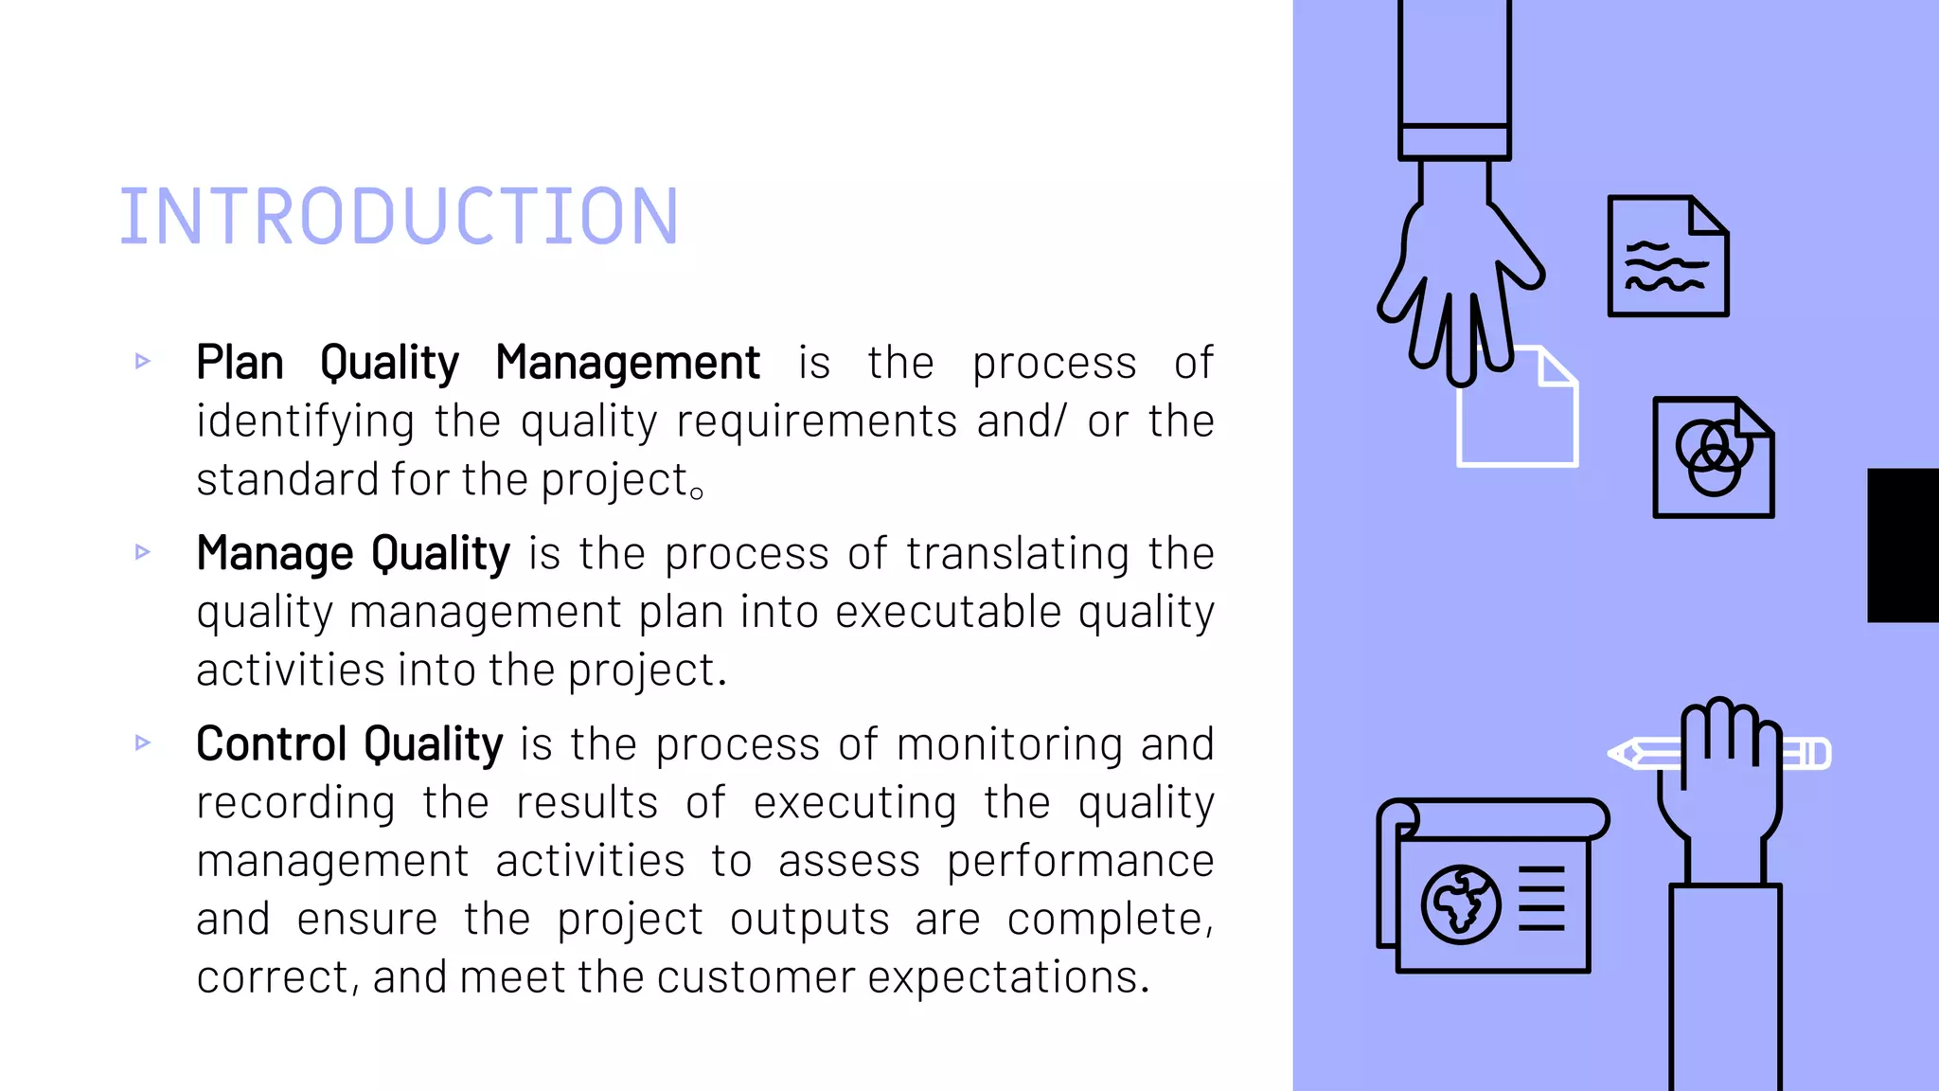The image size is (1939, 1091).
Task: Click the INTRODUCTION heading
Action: coord(399,217)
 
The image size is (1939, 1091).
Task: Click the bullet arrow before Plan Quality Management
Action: coord(143,361)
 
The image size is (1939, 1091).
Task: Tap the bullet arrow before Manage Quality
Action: coord(143,552)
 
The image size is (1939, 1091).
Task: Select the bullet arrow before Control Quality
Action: coord(143,742)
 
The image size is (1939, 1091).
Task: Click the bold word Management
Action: coord(627,363)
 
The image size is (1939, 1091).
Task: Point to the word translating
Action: coord(1017,554)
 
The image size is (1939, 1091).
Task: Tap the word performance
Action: coord(1080,861)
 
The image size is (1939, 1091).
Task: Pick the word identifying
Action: coord(305,422)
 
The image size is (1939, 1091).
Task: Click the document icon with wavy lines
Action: coord(1667,257)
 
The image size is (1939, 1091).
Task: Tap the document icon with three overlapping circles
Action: coord(1713,457)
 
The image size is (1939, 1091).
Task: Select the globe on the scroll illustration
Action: coord(1460,904)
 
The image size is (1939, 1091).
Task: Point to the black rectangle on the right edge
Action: coord(1902,545)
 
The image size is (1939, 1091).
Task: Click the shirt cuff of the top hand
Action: coord(1454,142)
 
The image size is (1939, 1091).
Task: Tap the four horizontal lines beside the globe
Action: coord(1541,898)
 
